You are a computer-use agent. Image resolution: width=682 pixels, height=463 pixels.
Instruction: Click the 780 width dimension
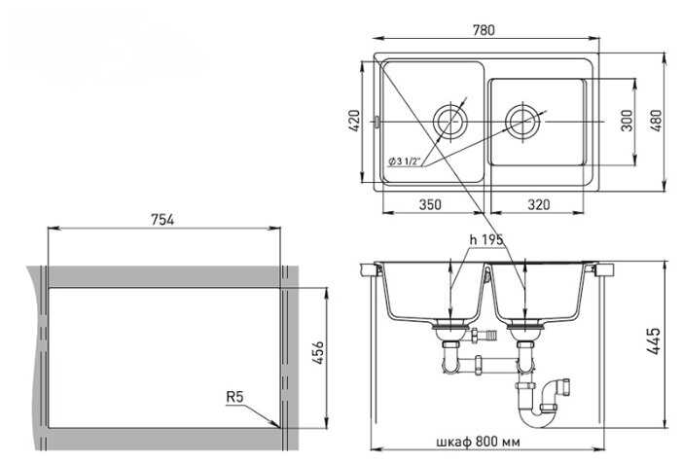(484, 30)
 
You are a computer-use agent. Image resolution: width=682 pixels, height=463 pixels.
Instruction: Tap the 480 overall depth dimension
(657, 121)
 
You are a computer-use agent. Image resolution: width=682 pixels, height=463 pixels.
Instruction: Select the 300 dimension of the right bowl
(628, 121)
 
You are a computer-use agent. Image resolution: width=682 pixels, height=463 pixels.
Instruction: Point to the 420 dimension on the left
(354, 121)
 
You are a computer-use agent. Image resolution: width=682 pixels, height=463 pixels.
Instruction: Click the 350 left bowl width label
(430, 204)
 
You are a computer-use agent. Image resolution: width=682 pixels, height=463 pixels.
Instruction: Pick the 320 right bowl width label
(538, 204)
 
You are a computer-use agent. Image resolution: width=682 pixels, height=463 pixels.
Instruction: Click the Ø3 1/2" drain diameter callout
(405, 161)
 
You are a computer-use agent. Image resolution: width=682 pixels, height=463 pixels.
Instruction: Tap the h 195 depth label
(486, 239)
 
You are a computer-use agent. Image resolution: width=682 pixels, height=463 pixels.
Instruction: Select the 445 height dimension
(654, 341)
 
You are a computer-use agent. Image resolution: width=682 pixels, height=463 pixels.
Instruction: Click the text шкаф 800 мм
(478, 443)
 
